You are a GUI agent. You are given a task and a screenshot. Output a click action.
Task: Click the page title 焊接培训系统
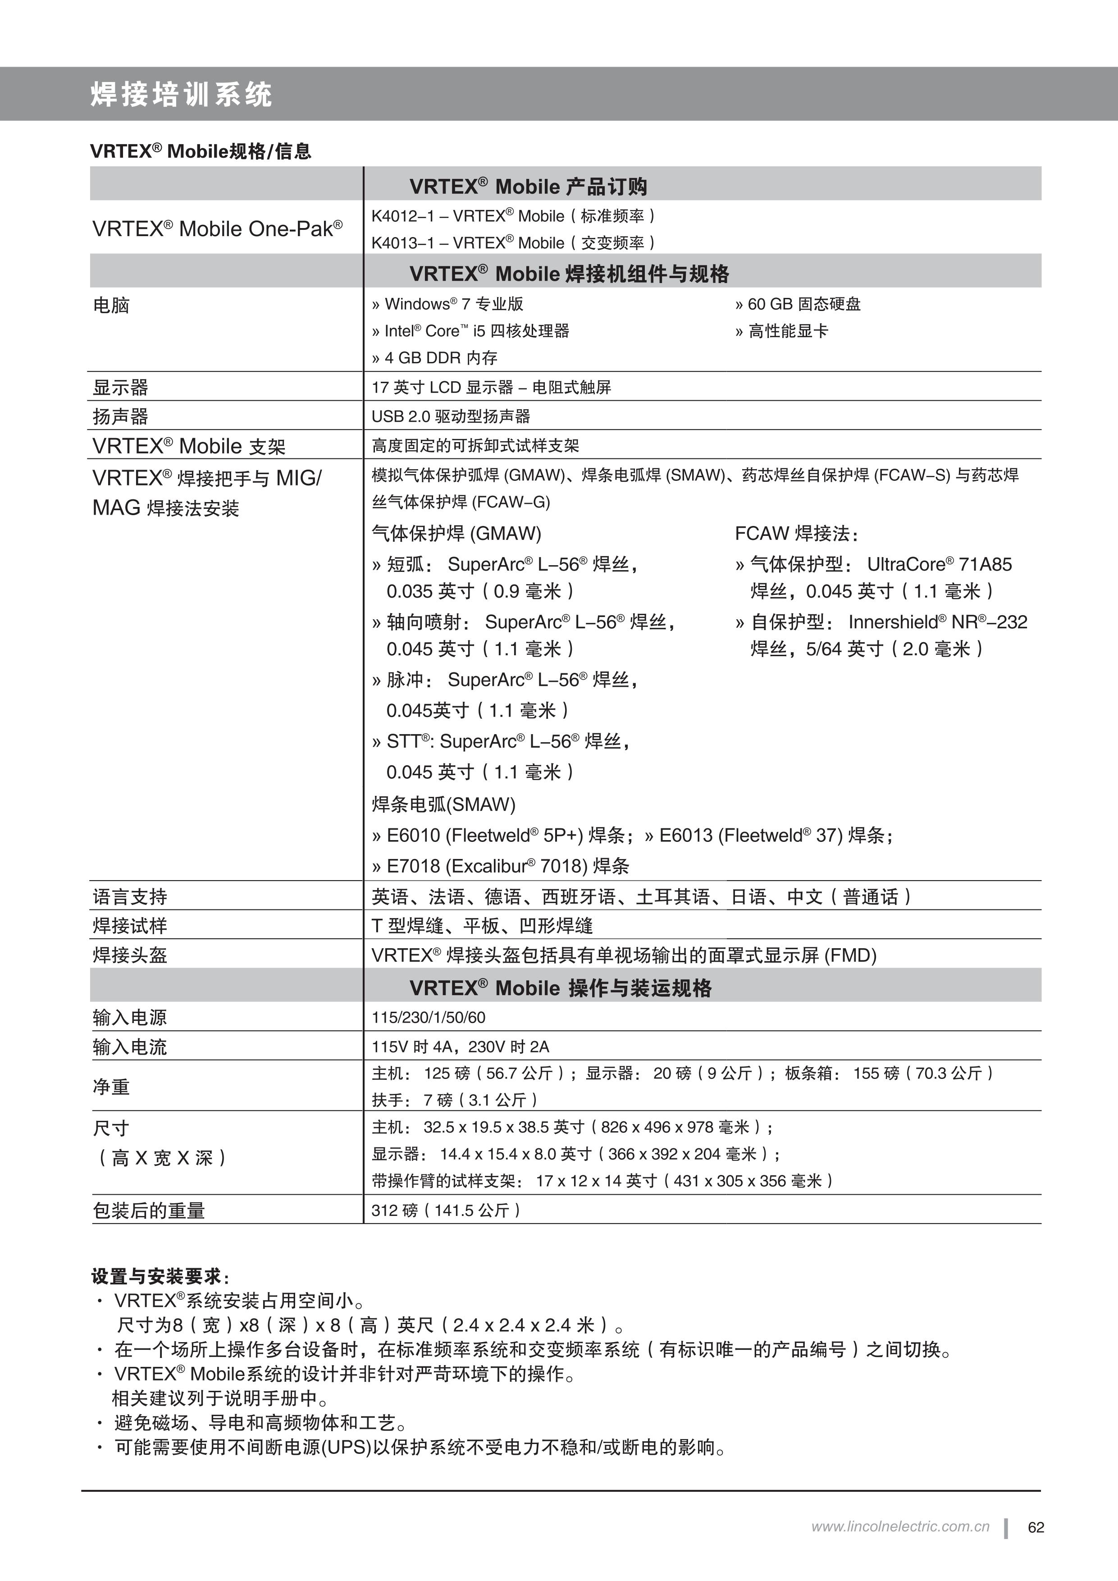pyautogui.click(x=181, y=94)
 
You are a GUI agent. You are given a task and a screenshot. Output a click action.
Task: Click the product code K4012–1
pyautogui.click(x=402, y=216)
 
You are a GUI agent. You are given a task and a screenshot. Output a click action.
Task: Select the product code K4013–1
pyautogui.click(x=402, y=243)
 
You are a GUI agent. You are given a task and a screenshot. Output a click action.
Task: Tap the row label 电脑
pyautogui.click(x=111, y=305)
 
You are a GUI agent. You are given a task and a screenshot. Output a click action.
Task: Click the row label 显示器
pyautogui.click(x=120, y=388)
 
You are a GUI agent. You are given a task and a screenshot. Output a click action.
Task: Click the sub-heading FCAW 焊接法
pyautogui.click(x=796, y=534)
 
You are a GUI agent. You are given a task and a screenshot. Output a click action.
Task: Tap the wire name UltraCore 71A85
pyautogui.click(x=939, y=565)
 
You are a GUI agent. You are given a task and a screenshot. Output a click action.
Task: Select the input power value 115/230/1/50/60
pyautogui.click(x=428, y=1018)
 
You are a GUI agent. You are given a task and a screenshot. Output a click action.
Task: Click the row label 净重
pyautogui.click(x=111, y=1088)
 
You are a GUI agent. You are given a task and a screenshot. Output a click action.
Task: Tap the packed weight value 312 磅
pyautogui.click(x=394, y=1211)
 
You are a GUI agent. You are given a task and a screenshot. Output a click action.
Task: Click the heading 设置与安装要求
pyautogui.click(x=156, y=1277)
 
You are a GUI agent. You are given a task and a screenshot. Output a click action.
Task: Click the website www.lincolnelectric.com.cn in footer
pyautogui.click(x=900, y=1526)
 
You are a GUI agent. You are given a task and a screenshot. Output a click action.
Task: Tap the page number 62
pyautogui.click(x=1036, y=1527)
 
